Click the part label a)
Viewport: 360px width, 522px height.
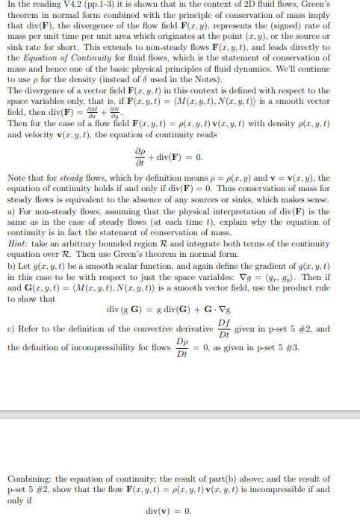(x=11, y=211)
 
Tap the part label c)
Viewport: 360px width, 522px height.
(x=11, y=329)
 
